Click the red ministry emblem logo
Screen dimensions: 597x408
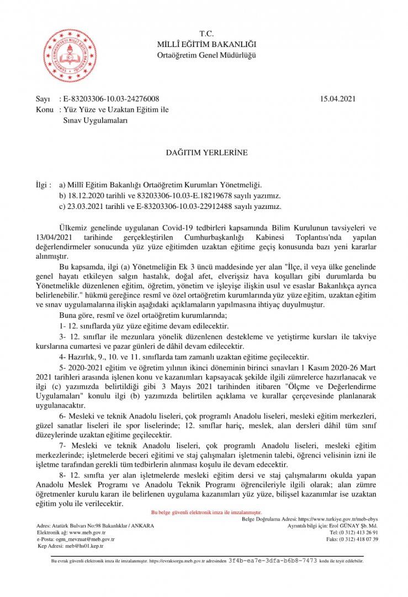point(69,55)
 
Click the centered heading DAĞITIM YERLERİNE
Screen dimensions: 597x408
point(204,151)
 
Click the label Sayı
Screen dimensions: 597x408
point(43,99)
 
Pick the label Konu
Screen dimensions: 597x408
point(44,109)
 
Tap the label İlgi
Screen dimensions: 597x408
point(41,185)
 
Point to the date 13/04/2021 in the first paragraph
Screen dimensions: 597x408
point(52,237)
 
